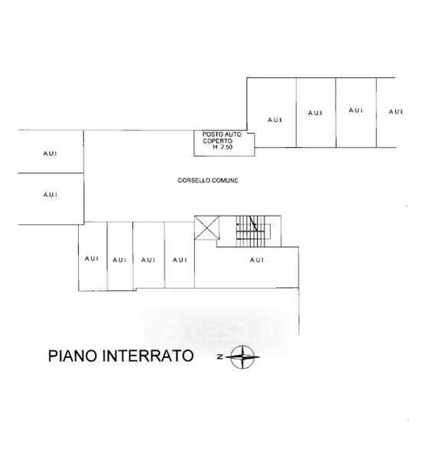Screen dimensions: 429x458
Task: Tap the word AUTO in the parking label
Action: coord(233,134)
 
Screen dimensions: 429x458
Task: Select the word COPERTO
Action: coord(218,140)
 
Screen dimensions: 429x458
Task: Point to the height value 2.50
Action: coord(226,147)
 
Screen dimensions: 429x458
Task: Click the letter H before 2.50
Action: coord(216,147)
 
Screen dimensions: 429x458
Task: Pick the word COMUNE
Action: coord(225,180)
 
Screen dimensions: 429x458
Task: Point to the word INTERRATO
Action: coord(148,356)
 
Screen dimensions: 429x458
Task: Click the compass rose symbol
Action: coord(242,356)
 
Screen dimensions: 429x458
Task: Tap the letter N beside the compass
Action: coord(220,356)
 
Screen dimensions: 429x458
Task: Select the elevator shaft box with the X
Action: coord(206,227)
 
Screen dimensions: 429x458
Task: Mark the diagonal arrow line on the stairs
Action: coord(253,224)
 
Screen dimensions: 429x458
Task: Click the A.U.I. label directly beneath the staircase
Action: coord(258,260)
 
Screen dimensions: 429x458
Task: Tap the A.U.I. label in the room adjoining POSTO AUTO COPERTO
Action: coord(275,120)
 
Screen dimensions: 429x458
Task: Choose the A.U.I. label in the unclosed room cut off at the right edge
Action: coord(396,111)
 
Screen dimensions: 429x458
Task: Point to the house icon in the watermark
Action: coord(166,331)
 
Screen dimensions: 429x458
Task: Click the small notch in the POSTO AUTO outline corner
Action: coord(251,132)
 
